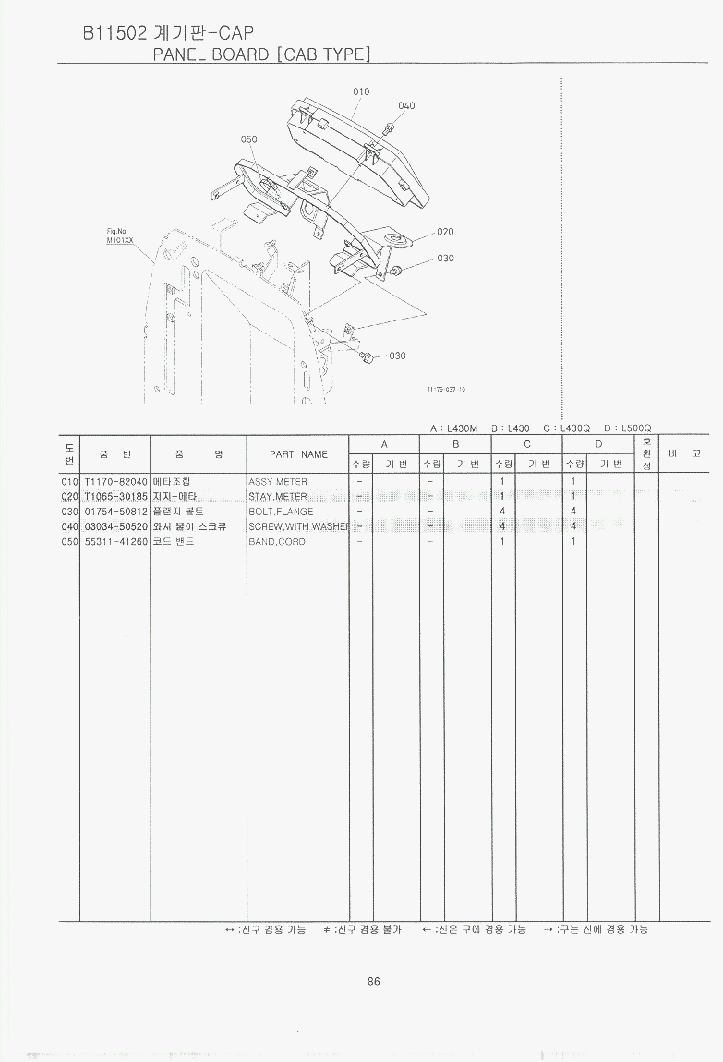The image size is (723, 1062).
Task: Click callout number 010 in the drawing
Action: pos(361,91)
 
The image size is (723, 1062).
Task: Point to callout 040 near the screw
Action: pos(406,106)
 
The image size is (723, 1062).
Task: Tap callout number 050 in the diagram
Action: pos(248,139)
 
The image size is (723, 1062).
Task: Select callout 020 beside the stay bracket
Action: pos(445,232)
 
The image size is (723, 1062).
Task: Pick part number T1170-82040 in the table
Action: pos(115,482)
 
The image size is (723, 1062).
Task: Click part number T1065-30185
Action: pos(115,497)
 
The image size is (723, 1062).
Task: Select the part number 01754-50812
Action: pos(115,512)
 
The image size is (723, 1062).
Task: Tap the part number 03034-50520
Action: pos(115,526)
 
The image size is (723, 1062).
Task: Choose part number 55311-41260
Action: pos(115,541)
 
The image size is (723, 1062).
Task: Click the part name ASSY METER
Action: pos(277,482)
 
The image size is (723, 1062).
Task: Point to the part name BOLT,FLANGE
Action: pos(281,512)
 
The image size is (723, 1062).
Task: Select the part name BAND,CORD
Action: pos(276,541)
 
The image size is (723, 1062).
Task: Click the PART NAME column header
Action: pos(298,454)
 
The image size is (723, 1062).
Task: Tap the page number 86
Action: pos(373,982)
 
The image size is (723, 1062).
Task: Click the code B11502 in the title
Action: pos(113,33)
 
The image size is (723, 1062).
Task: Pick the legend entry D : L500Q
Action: pos(627,428)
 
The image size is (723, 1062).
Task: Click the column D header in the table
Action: pos(597,444)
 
